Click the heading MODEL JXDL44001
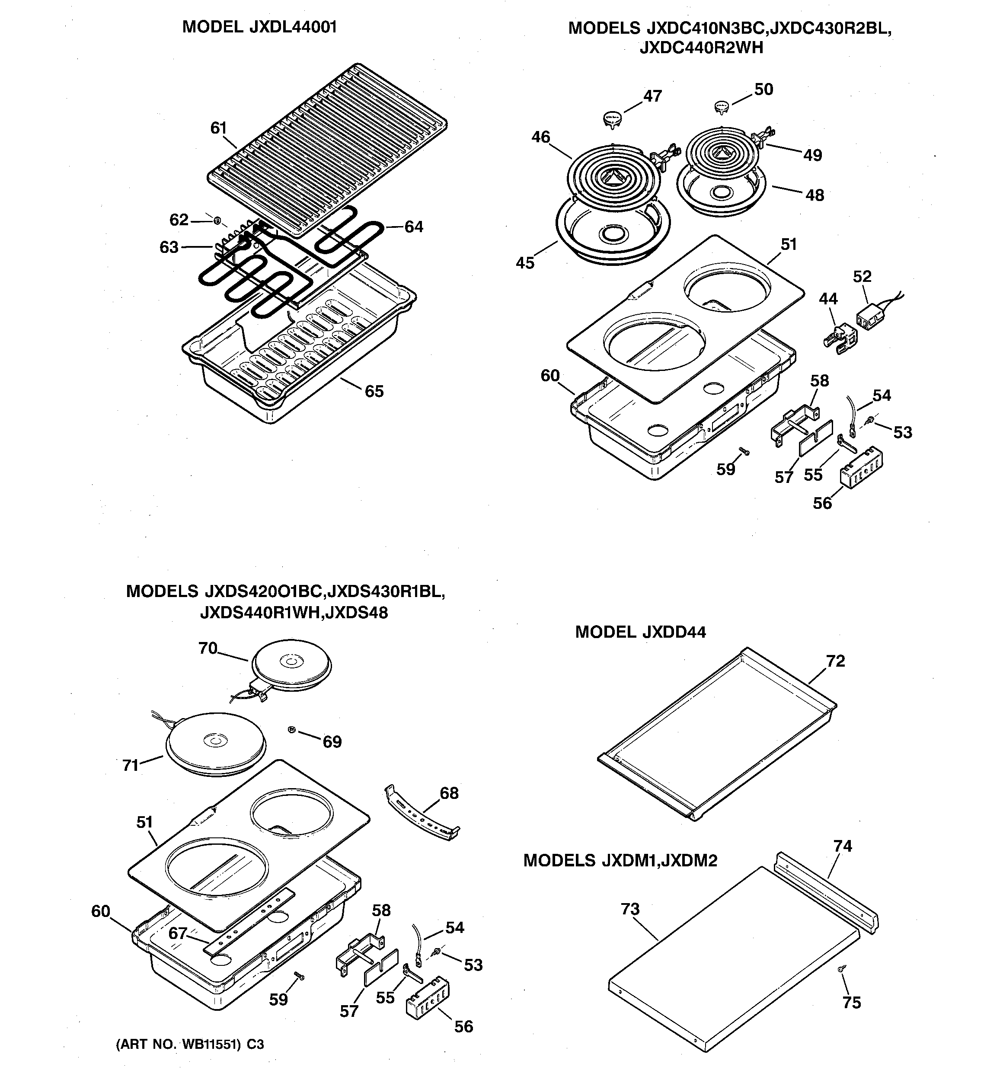click(259, 27)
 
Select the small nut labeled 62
click(217, 220)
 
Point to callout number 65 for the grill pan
click(374, 391)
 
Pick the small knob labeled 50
click(722, 107)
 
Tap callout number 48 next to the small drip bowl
click(815, 195)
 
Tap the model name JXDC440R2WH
click(702, 48)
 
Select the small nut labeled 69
click(292, 730)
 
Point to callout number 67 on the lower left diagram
click(178, 933)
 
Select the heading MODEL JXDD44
click(640, 632)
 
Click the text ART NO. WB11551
click(178, 1044)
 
